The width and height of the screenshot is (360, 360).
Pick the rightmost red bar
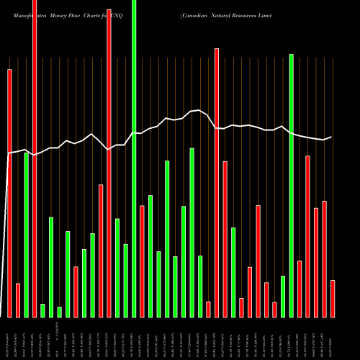pyautogui.click(x=333, y=298)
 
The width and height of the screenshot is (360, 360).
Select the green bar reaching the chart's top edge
pyautogui.click(x=134, y=158)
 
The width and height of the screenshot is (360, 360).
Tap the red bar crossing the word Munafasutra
pyautogui.click(x=35, y=158)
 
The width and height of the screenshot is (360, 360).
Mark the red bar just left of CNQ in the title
pyautogui.click(x=109, y=163)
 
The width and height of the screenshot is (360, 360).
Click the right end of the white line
pyautogui.click(x=331, y=137)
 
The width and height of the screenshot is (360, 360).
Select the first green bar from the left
pyautogui.click(x=26, y=235)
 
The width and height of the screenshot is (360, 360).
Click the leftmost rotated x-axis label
pyautogui.click(x=9, y=338)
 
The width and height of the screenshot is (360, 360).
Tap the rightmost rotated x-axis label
pyautogui.click(x=333, y=338)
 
